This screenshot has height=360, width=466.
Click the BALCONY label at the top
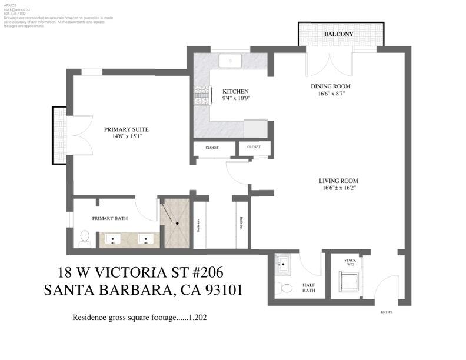click(x=339, y=34)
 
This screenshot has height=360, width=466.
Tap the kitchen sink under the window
click(x=230, y=59)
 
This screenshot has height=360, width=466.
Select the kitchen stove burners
click(x=201, y=95)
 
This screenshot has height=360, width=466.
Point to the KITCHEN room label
click(x=235, y=91)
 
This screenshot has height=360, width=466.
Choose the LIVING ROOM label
click(x=338, y=181)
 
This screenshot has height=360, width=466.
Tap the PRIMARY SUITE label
click(x=126, y=129)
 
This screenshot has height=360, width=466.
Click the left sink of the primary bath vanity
click(x=114, y=239)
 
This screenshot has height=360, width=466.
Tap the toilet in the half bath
click(x=286, y=288)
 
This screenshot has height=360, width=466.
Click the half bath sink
click(x=282, y=265)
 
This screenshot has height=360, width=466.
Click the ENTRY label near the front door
click(x=387, y=312)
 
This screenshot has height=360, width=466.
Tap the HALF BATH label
click(x=309, y=287)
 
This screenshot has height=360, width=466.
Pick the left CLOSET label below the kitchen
click(x=211, y=148)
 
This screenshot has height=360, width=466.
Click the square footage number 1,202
click(x=198, y=318)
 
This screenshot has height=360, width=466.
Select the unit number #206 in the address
click(x=199, y=272)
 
